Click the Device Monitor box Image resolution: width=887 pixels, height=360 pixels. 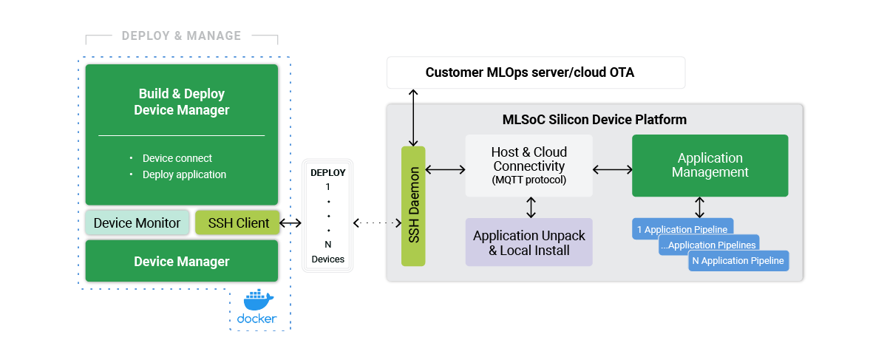pos(137,223)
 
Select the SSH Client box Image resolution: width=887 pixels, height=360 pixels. pos(238,223)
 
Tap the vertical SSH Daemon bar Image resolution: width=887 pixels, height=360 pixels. pos(414,206)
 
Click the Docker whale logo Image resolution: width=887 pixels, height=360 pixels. pos(258,299)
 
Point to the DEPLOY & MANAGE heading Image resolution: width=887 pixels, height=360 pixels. pos(181,35)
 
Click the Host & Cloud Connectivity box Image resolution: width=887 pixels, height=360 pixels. pos(529,166)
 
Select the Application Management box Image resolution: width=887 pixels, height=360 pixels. pos(710,166)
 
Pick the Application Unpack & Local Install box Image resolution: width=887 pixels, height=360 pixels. pos(529,242)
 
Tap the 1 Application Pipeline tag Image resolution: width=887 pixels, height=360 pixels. pos(683,229)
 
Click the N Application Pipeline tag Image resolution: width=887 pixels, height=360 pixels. pos(738,260)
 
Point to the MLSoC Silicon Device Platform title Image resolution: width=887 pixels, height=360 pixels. pos(594,119)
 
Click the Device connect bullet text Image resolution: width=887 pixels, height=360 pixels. pos(177,158)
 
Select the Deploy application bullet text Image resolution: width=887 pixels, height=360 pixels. pos(184,174)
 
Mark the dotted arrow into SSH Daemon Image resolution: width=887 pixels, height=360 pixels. pos(376,223)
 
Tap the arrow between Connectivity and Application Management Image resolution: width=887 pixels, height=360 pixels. pos(612,170)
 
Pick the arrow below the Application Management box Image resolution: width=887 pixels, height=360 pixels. pos(699,206)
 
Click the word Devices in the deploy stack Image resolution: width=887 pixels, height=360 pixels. pos(327,259)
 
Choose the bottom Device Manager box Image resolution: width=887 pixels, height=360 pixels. pos(181,261)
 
